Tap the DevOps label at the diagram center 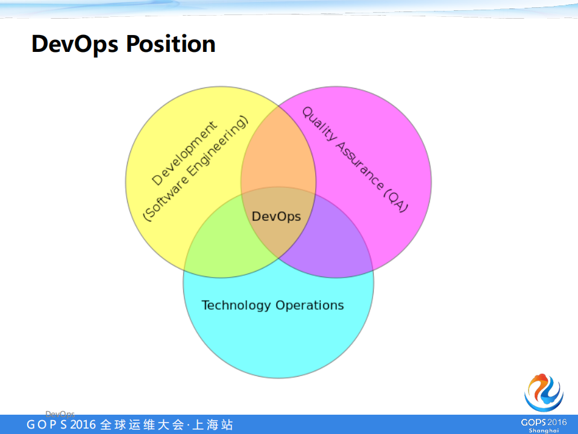point(276,216)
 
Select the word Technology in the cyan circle point(236,305)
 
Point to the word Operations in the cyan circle point(310,305)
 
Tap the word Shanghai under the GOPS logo point(544,430)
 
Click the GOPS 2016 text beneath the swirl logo point(544,421)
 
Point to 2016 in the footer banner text point(83,425)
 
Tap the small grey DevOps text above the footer point(60,413)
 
